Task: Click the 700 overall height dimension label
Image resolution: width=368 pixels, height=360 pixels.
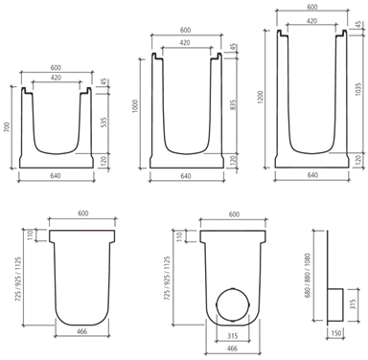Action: tap(9, 127)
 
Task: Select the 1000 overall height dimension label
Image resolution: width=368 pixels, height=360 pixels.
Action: tap(135, 106)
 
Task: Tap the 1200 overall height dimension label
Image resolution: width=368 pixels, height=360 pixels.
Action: tap(261, 98)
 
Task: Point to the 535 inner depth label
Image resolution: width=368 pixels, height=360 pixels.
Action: tap(103, 123)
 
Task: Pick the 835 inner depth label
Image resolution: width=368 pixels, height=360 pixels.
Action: tap(233, 105)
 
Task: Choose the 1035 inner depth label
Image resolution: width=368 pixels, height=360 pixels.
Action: tap(358, 89)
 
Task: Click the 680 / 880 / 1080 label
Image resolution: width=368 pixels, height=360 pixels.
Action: tap(308, 276)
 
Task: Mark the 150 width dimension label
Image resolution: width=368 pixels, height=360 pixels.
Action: tap(336, 333)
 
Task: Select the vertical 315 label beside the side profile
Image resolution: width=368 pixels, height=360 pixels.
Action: tap(352, 304)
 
